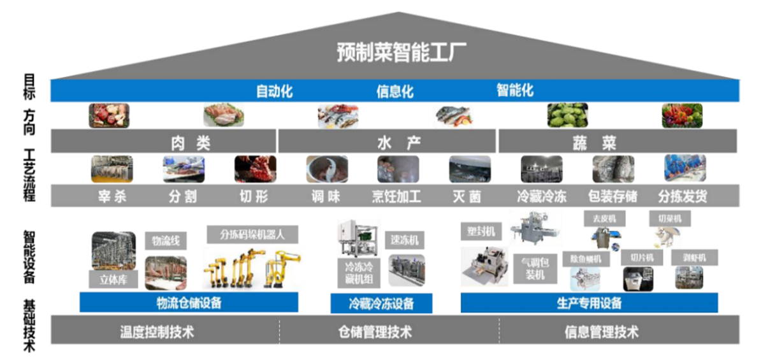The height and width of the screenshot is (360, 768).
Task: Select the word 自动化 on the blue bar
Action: (x=274, y=91)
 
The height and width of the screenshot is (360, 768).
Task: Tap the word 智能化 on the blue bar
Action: (x=515, y=91)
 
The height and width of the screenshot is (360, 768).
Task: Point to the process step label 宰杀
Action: (x=112, y=196)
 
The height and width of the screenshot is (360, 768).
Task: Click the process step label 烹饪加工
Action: (x=396, y=196)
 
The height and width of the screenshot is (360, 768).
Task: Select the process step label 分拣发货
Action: (x=683, y=196)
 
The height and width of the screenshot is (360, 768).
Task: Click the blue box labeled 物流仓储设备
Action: (x=189, y=303)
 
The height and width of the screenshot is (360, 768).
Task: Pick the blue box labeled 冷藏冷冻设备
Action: (x=381, y=304)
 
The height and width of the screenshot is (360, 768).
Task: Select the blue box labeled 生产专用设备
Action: (x=589, y=303)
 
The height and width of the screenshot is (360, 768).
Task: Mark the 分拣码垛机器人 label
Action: (x=252, y=234)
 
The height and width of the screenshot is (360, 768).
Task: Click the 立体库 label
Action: (x=113, y=278)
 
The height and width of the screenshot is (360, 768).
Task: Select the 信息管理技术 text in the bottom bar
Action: (x=601, y=331)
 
